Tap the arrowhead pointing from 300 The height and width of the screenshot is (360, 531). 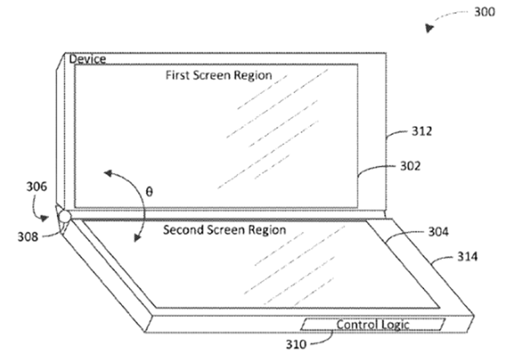click(430, 28)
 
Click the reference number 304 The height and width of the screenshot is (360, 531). click(438, 232)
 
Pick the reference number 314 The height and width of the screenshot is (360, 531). click(467, 255)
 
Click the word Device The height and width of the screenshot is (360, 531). click(88, 60)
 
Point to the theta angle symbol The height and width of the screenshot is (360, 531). click(149, 191)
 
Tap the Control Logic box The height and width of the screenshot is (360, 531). click(372, 325)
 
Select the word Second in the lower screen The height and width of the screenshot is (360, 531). click(181, 230)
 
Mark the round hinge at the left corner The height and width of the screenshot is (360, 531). click(64, 217)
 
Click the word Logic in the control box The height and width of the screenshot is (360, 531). click(394, 325)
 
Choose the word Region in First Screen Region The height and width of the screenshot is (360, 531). click(254, 75)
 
